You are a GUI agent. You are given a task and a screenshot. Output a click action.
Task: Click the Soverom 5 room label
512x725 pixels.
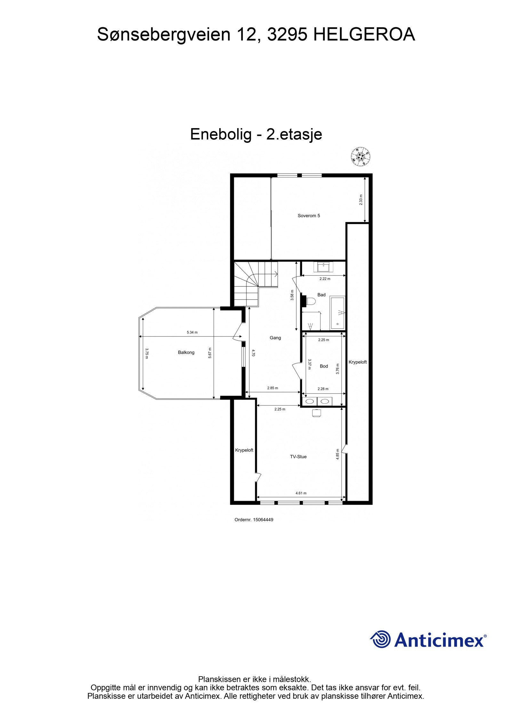(308, 216)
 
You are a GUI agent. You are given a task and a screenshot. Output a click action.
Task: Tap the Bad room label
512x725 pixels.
(321, 295)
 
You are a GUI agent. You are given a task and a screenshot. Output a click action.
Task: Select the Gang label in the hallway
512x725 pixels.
(275, 338)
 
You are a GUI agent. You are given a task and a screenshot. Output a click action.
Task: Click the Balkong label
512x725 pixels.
(186, 352)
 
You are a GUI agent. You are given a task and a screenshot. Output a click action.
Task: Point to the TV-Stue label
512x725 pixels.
(298, 457)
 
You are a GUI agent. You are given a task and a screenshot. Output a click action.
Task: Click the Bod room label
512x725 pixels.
(324, 366)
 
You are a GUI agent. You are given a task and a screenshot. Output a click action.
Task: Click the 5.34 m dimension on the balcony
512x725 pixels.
(192, 332)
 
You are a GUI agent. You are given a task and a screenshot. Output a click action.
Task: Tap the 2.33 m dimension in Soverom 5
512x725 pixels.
(361, 200)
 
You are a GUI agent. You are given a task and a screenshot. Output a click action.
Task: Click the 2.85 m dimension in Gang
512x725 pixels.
(272, 388)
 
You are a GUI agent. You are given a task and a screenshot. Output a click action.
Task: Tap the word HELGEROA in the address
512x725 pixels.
(364, 35)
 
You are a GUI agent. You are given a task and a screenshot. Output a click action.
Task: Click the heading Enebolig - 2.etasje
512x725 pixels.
(256, 134)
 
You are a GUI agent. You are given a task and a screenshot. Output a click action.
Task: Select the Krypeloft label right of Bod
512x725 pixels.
(357, 362)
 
